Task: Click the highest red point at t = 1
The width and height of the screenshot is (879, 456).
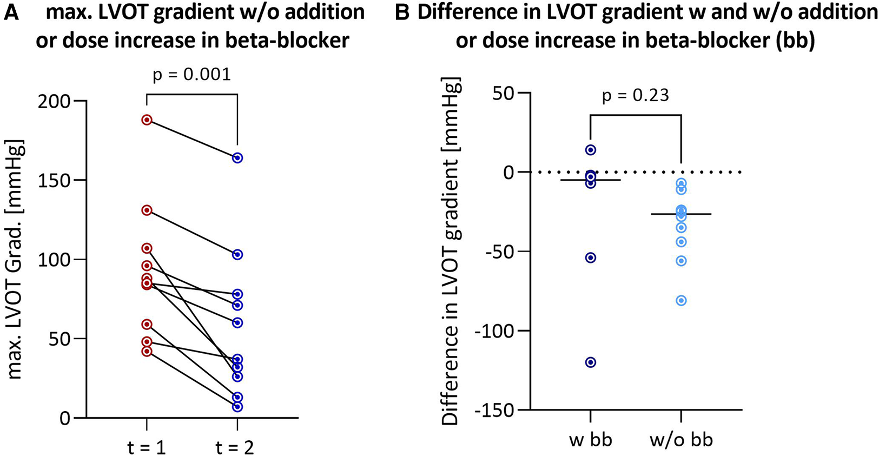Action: (147, 120)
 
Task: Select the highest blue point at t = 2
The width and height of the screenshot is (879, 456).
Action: (237, 158)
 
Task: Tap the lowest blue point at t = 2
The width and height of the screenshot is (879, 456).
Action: (237, 406)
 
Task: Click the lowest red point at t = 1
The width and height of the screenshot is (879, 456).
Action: (147, 351)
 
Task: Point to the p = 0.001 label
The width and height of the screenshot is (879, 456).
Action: (191, 75)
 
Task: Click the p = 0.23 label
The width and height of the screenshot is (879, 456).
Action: (636, 96)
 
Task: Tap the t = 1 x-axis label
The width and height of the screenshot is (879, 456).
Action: (146, 448)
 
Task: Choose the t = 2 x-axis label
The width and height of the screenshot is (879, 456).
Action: (235, 448)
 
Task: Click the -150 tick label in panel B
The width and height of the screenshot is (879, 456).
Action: (493, 411)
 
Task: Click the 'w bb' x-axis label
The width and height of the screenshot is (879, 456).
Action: (591, 439)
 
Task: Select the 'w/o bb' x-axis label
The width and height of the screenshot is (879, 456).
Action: (681, 439)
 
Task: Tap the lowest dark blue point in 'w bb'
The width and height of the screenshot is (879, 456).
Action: (591, 362)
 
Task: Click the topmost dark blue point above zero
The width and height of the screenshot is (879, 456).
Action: (591, 150)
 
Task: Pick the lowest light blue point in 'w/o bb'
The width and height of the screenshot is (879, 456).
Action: (682, 301)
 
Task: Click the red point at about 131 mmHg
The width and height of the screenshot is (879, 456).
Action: (147, 210)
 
